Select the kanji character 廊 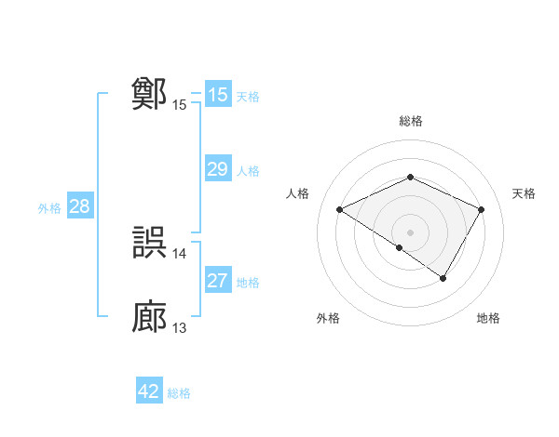[150, 317]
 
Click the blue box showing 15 [217, 95]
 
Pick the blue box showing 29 [217, 169]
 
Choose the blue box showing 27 [217, 281]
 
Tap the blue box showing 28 [79, 206]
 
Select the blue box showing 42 [148, 391]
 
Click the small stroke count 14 [180, 254]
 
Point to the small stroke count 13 [180, 328]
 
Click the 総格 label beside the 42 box [179, 393]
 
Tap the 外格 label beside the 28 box [49, 208]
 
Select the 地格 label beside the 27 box [248, 283]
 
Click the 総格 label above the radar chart [410, 121]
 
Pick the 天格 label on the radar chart [524, 193]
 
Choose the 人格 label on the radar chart [297, 193]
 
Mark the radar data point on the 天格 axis [482, 209]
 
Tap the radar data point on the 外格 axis [400, 247]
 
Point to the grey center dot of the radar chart [410, 232]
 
